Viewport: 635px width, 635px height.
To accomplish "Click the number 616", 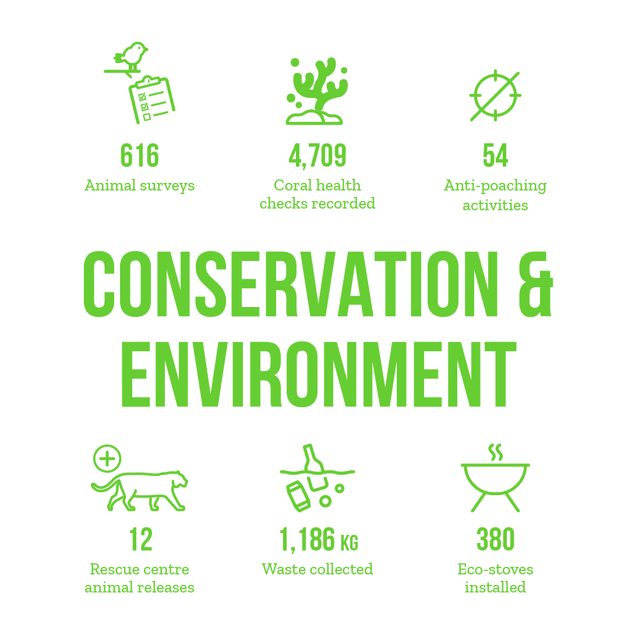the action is click(140, 156).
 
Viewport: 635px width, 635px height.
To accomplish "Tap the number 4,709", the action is click(317, 156).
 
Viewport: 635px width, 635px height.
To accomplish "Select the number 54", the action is click(495, 156).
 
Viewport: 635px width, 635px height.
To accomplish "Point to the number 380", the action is click(495, 539).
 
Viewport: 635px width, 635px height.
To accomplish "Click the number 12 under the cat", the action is click(140, 539).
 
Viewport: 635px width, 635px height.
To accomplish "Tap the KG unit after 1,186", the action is click(349, 543).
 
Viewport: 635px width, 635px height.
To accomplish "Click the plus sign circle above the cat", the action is click(107, 459).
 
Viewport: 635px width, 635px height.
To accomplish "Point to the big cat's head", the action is click(178, 480).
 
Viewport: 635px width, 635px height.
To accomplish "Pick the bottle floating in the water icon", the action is click(313, 458).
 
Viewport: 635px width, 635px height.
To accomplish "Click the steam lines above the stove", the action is click(495, 452).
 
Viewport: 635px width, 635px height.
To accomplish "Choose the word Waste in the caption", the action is click(284, 569).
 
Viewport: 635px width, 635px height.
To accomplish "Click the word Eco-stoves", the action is click(495, 569).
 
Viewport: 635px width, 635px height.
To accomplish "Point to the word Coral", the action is click(292, 185).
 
